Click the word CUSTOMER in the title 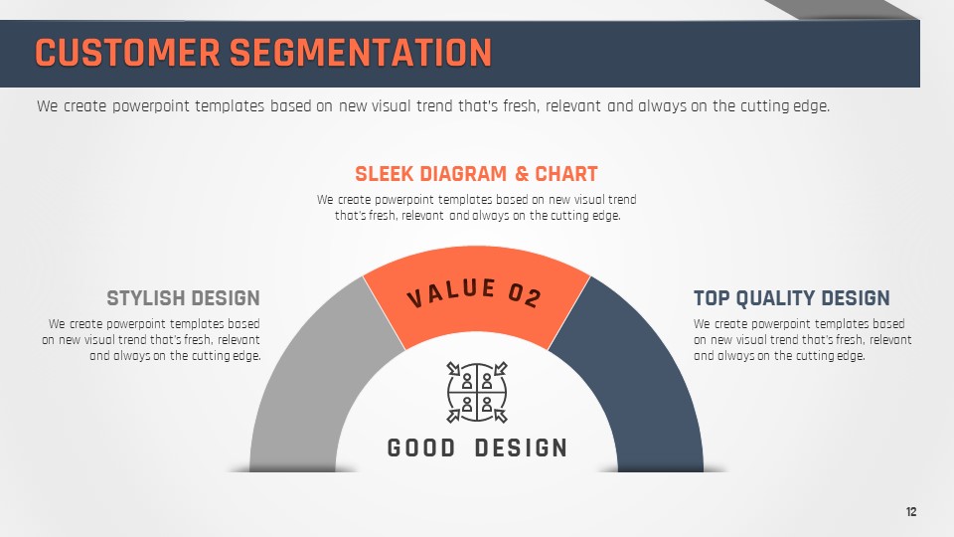pyautogui.click(x=128, y=53)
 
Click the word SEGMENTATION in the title pyautogui.click(x=361, y=53)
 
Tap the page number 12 pyautogui.click(x=911, y=511)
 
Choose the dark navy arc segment pyautogui.click(x=639, y=378)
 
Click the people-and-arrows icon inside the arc pyautogui.click(x=477, y=393)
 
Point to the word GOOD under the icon pyautogui.click(x=421, y=448)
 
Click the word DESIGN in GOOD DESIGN pyautogui.click(x=522, y=448)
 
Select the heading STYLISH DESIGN pyautogui.click(x=183, y=298)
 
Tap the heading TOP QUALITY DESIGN pyautogui.click(x=792, y=298)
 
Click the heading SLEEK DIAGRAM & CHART pyautogui.click(x=476, y=174)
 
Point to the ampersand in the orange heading pyautogui.click(x=522, y=174)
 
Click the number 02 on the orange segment pyautogui.click(x=525, y=294)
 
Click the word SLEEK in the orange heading pyautogui.click(x=385, y=174)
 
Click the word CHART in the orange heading pyautogui.click(x=566, y=174)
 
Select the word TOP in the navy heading pyautogui.click(x=712, y=298)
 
